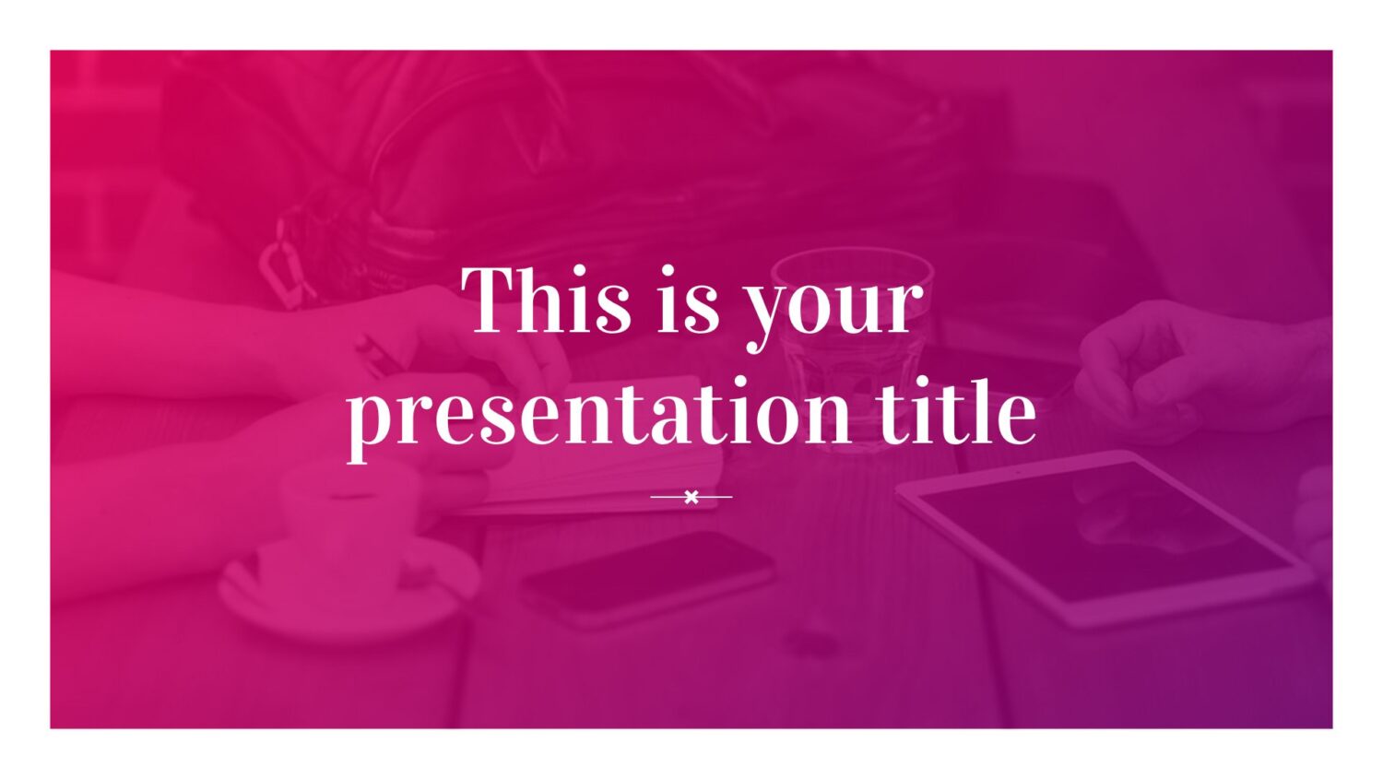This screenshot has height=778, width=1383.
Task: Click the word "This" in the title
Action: coord(547,301)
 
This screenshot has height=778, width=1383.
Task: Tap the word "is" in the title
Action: coord(688,301)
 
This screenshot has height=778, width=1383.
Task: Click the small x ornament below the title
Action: coord(691,497)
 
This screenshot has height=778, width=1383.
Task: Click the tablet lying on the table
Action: coord(1105,538)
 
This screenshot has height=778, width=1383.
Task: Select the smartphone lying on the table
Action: coord(647,578)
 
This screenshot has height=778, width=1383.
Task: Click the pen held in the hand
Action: coord(376,355)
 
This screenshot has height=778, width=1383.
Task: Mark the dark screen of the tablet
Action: coord(1105,532)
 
